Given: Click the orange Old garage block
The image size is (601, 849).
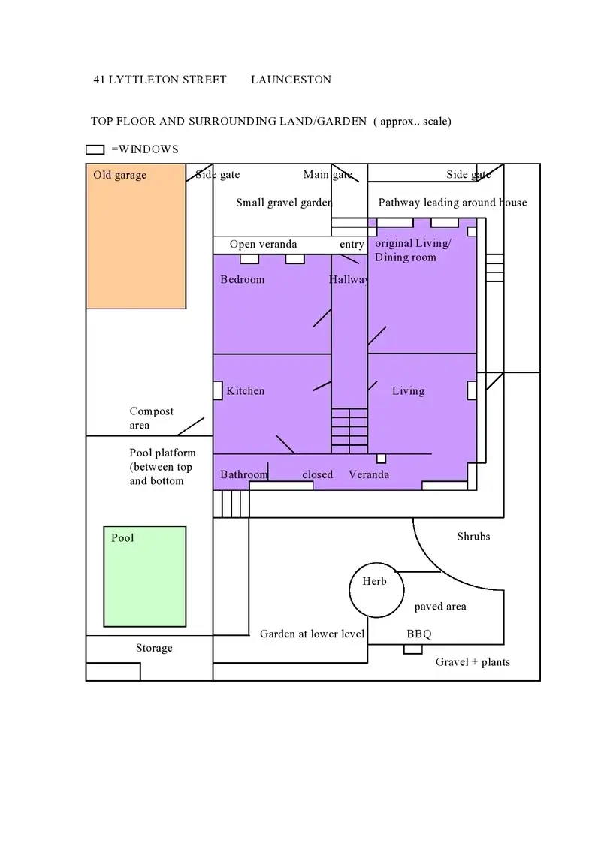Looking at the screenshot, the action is (136, 240).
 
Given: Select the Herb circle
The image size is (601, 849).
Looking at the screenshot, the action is (375, 590).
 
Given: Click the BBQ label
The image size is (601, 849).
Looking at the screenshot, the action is (419, 634).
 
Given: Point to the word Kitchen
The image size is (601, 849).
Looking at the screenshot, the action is (246, 391).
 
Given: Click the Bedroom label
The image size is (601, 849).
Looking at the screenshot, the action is (243, 280).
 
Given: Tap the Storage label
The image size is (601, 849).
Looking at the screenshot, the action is (154, 649).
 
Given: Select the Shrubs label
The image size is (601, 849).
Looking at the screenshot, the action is (473, 537).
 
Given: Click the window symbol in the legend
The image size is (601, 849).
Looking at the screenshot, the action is (95, 149).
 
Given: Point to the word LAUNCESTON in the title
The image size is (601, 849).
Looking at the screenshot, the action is (291, 80).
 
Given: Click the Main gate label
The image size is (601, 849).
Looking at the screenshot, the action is (328, 175).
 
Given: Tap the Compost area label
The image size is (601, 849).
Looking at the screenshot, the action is (151, 418).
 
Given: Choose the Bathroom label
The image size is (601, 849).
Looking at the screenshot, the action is (243, 475).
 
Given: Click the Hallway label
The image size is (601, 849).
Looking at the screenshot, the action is (349, 280).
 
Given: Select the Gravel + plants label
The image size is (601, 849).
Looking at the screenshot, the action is (473, 662).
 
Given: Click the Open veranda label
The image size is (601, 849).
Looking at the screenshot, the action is (263, 245).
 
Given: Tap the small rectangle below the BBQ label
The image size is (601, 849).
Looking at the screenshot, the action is (412, 649).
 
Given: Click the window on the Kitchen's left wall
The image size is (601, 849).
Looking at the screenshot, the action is (218, 390).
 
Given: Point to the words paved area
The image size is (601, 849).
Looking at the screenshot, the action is (440, 607).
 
